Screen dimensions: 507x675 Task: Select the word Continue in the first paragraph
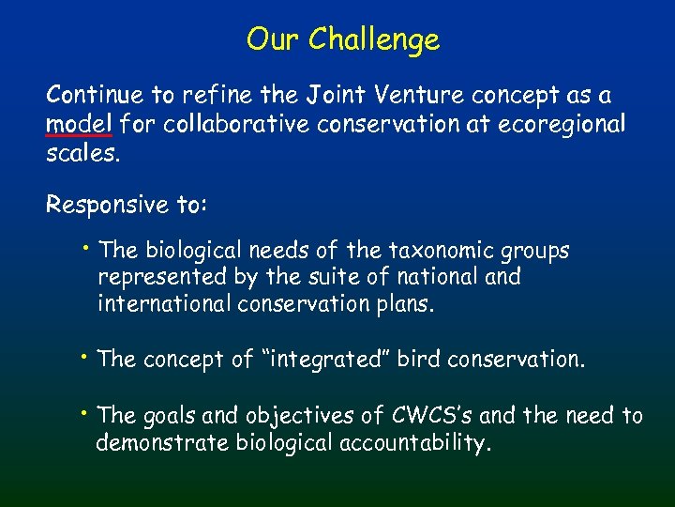pos(92,95)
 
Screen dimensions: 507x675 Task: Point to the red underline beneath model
pos(73,138)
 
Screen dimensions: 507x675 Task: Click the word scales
pos(82,153)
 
